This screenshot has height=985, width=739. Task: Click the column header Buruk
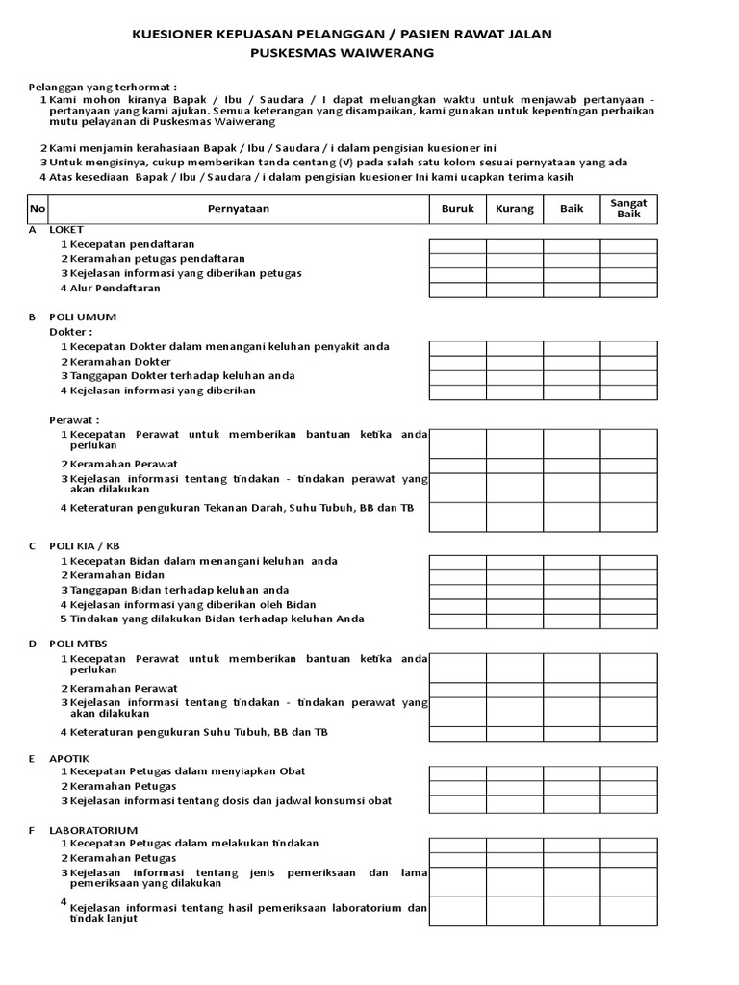click(x=457, y=209)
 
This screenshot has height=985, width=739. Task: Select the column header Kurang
click(x=515, y=209)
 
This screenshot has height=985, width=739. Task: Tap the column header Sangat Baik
click(x=629, y=209)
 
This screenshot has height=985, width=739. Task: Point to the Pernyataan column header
click(x=239, y=209)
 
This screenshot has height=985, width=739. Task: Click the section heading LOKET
click(x=66, y=231)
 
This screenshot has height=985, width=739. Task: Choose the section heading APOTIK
click(x=68, y=758)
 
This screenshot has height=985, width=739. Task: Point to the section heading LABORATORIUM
click(x=93, y=829)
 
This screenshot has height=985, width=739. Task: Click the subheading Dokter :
click(x=70, y=331)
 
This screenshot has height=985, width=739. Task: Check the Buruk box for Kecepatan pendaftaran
click(x=457, y=245)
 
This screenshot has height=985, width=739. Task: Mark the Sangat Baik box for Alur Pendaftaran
click(x=629, y=289)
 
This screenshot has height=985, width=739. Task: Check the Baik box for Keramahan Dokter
click(x=572, y=363)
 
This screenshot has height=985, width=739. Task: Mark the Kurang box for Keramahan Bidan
click(x=515, y=576)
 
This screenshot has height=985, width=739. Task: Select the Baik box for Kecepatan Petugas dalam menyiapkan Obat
click(x=572, y=772)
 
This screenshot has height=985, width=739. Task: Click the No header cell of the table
click(x=37, y=209)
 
